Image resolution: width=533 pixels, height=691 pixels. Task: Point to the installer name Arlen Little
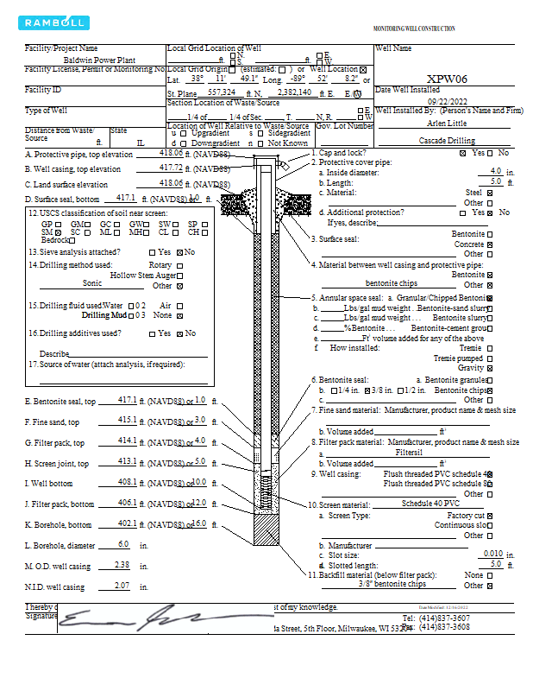click(x=447, y=124)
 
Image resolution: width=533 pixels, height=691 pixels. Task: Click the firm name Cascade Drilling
click(x=447, y=140)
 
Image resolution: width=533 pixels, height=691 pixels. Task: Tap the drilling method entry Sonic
click(x=91, y=282)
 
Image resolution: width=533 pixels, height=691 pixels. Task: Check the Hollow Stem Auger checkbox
click(x=179, y=275)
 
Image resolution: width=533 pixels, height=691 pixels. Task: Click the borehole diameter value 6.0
click(x=122, y=544)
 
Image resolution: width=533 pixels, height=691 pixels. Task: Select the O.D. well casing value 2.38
click(x=122, y=566)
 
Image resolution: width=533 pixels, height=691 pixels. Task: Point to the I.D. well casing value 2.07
click(x=122, y=587)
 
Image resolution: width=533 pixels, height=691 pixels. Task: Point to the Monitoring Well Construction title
click(x=413, y=29)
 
